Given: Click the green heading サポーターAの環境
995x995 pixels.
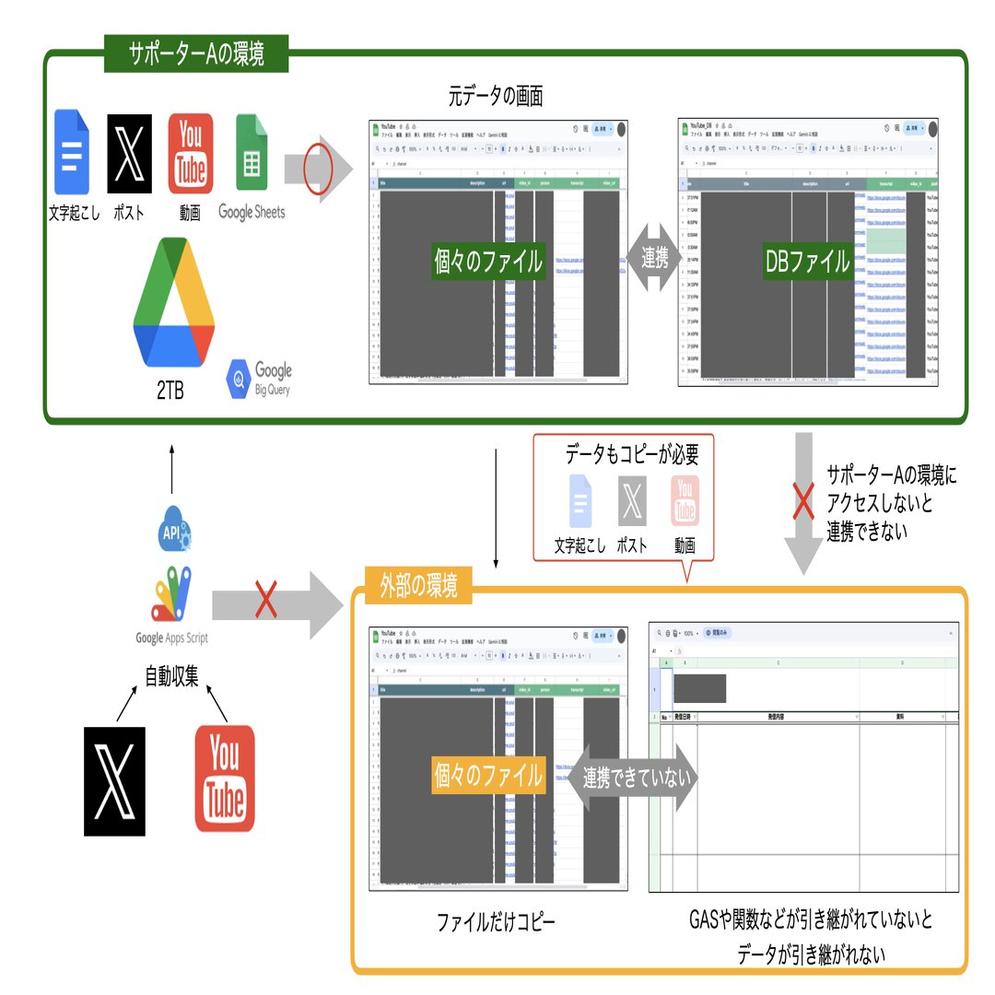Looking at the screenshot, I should [196, 53].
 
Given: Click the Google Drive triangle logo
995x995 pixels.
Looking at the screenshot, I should [173, 303].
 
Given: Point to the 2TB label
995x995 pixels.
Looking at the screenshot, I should [170, 391].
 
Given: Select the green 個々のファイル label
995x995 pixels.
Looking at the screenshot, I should [488, 262].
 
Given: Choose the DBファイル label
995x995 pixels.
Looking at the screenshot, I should [807, 262].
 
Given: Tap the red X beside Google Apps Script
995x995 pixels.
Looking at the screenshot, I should [266, 603].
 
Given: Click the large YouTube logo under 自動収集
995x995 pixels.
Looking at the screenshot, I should [224, 778].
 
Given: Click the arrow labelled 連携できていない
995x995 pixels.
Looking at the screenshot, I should [637, 778].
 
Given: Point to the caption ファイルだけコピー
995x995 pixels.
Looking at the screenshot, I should [496, 921].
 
